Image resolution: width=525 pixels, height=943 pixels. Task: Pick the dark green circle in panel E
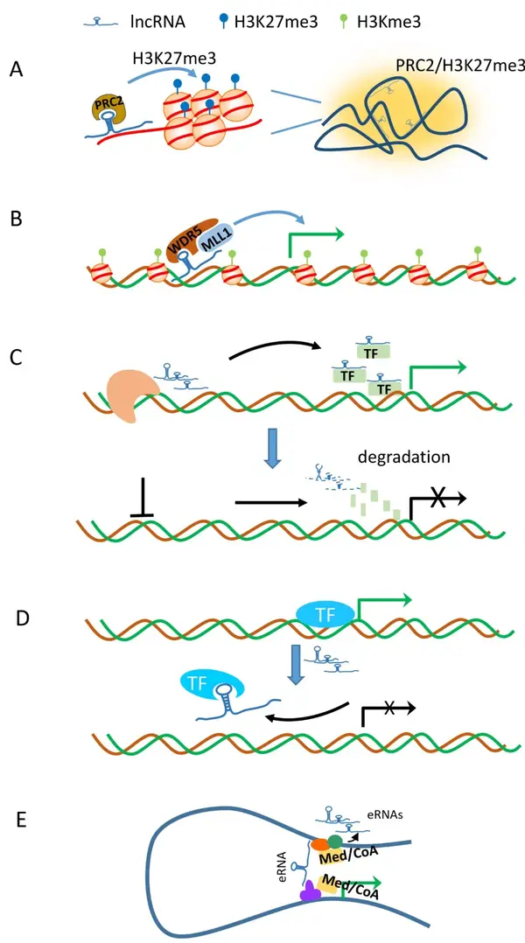334,842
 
